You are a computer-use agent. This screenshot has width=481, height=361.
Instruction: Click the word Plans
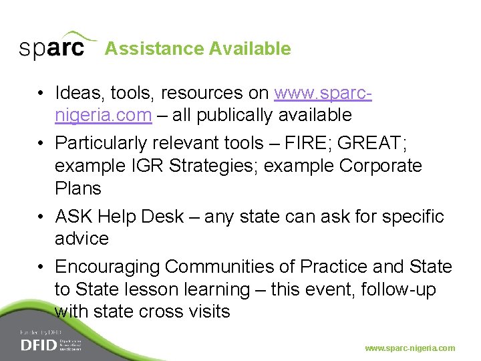click(78, 189)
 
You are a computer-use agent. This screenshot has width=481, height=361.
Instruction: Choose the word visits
click(206, 312)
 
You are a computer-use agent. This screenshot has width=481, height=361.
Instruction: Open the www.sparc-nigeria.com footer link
click(410, 348)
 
